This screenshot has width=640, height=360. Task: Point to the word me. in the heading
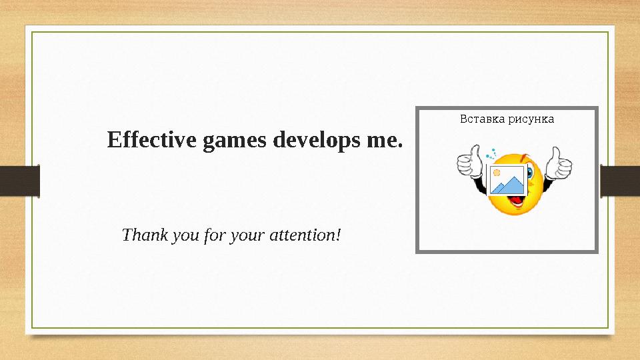point(385,141)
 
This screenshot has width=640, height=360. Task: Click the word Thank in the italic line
point(139,235)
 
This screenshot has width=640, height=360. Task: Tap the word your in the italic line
point(245,235)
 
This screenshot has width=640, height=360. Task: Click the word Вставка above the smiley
point(482,119)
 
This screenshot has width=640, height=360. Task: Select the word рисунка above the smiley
point(531,119)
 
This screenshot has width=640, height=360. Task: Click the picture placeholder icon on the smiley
point(507,181)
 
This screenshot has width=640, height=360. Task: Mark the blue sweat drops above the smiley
point(491,153)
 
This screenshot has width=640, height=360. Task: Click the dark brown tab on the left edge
point(19,181)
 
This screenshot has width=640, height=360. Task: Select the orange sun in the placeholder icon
point(497,173)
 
